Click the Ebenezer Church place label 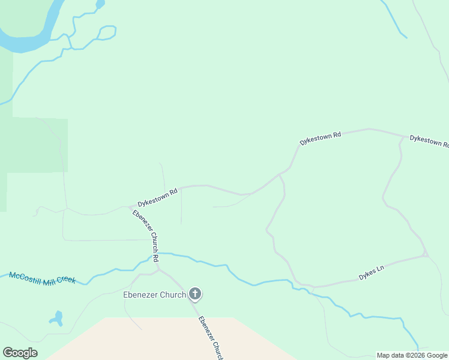click(154, 295)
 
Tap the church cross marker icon click(194, 294)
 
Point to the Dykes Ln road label click(371, 274)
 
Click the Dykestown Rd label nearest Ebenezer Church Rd click(158, 196)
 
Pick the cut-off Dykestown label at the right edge click(429, 141)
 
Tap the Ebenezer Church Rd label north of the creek click(145, 236)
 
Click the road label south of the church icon click(211, 337)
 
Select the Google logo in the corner click(20, 353)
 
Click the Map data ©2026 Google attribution click(412, 355)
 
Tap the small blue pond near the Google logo click(57, 318)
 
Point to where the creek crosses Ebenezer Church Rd click(157, 254)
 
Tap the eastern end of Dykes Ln click(425, 256)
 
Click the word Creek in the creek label click(64, 281)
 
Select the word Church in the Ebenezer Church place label click(172, 295)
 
